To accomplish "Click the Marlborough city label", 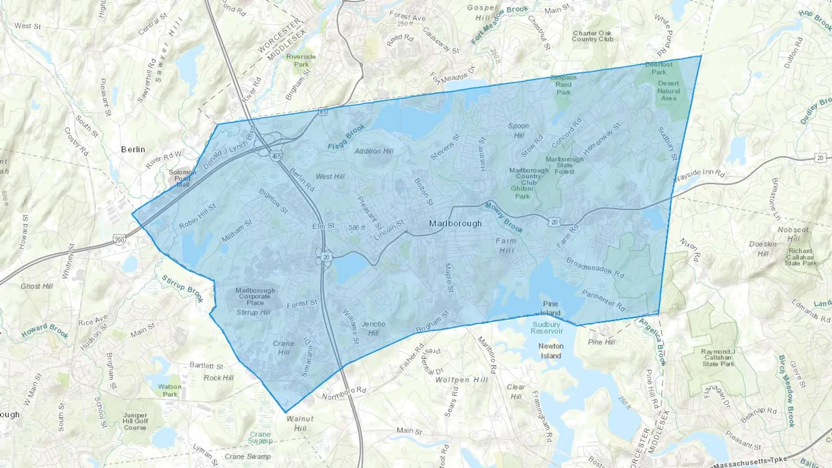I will [x=455, y=224].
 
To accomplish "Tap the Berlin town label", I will [x=133, y=150].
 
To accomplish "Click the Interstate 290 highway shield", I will [x=119, y=239].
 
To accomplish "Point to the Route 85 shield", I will [x=323, y=112].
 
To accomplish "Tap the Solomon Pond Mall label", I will [x=182, y=178].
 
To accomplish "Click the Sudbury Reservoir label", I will [x=547, y=328].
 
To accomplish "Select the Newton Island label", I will [x=551, y=351].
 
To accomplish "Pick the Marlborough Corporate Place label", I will [x=255, y=297].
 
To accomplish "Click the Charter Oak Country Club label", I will [x=592, y=36].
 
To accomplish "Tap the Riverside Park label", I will [x=301, y=61].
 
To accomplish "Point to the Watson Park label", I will [x=170, y=390].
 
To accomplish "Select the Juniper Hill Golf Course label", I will [x=135, y=421].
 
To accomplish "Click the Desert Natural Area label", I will [x=668, y=91].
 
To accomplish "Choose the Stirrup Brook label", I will [x=183, y=288].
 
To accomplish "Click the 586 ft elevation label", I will [x=356, y=228].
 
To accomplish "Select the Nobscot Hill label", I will [x=793, y=234].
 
